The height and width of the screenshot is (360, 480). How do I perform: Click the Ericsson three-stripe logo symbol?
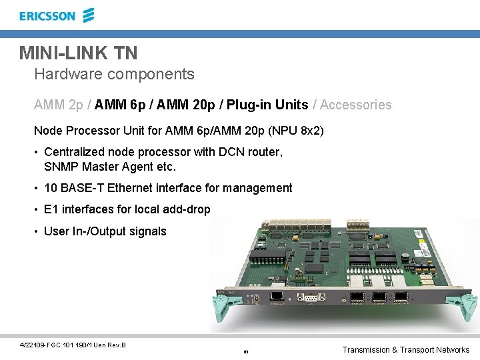click(x=88, y=15)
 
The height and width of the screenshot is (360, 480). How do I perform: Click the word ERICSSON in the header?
click(x=47, y=16)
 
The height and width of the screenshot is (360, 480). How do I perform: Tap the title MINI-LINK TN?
click(x=78, y=53)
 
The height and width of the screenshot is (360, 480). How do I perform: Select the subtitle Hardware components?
click(x=114, y=74)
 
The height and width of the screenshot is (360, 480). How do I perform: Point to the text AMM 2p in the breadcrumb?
click(x=59, y=105)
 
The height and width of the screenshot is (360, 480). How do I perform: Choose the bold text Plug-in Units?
click(x=267, y=105)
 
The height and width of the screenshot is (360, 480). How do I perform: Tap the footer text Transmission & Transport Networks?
click(x=405, y=350)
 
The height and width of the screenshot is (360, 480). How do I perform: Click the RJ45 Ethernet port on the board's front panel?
click(x=276, y=297)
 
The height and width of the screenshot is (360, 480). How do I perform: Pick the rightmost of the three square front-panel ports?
click(x=401, y=298)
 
